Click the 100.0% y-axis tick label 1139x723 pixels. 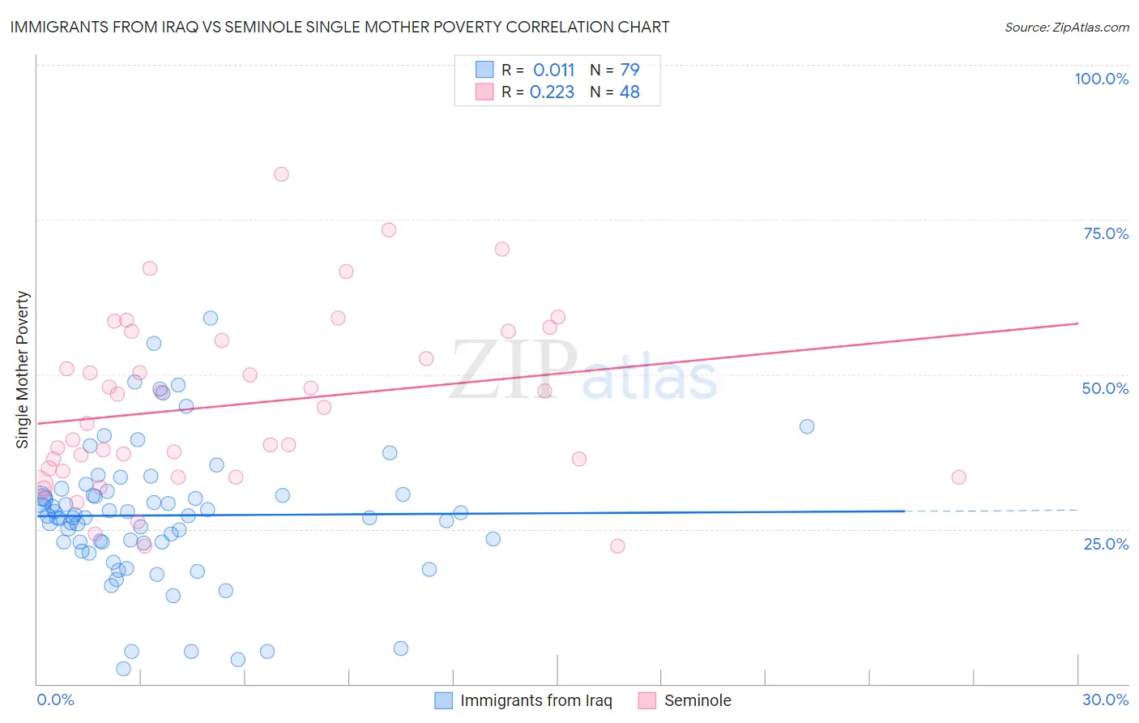pyautogui.click(x=1101, y=79)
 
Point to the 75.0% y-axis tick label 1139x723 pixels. pyautogui.click(x=1106, y=233)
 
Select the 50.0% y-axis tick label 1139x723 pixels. pyautogui.click(x=1105, y=388)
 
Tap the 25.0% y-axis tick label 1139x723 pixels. pyautogui.click(x=1106, y=544)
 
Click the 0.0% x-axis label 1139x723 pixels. pyautogui.click(x=55, y=699)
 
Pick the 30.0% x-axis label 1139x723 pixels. pyautogui.click(x=1105, y=699)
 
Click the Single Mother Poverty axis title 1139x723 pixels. pyautogui.click(x=23, y=370)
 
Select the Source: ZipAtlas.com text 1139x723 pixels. pyautogui.click(x=1066, y=28)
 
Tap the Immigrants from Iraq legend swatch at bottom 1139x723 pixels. pyautogui.click(x=443, y=700)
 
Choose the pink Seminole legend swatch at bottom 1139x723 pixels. pyautogui.click(x=646, y=700)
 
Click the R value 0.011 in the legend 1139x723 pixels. pyautogui.click(x=553, y=71)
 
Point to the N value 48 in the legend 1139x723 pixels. pyautogui.click(x=629, y=92)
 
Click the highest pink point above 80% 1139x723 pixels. pyautogui.click(x=281, y=174)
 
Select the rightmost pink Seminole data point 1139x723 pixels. pyautogui.click(x=958, y=477)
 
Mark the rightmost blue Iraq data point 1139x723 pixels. pyautogui.click(x=807, y=426)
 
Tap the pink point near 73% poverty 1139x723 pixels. pyautogui.click(x=389, y=230)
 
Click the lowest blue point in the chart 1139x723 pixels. pyautogui.click(x=123, y=669)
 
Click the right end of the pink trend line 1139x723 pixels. pyautogui.click(x=1077, y=323)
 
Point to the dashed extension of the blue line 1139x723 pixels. pyautogui.click(x=992, y=511)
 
